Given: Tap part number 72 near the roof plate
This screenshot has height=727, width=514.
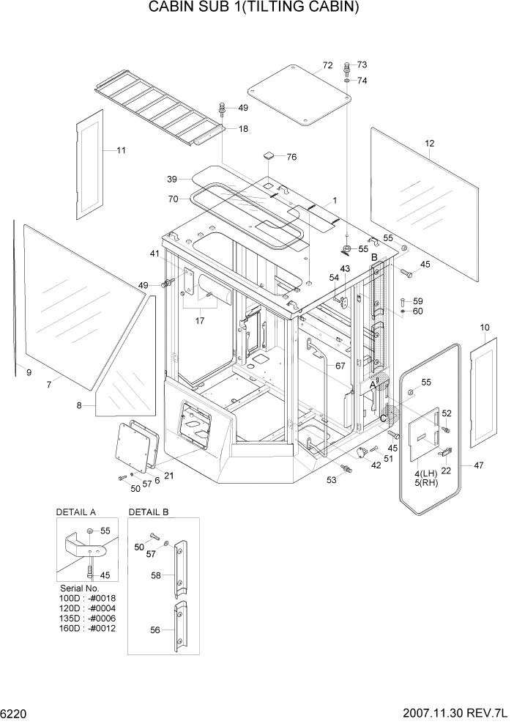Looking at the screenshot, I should [327, 67].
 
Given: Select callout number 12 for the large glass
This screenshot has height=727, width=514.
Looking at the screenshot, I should [430, 144].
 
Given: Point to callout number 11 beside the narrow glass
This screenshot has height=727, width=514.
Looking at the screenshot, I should [121, 151].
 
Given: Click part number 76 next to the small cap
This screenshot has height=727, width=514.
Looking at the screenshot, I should [291, 157].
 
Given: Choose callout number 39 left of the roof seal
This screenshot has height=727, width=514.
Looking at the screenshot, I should [172, 180].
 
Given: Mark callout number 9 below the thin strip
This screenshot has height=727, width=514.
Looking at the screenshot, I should [29, 373].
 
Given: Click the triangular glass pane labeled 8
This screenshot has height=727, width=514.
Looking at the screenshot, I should [124, 359].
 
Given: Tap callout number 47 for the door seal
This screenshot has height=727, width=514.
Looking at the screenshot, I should [479, 465].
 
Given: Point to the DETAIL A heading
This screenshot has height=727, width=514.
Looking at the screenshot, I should [76, 512].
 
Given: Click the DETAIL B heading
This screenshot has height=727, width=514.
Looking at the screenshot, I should [149, 512].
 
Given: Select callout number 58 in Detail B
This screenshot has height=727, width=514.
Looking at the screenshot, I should [155, 576].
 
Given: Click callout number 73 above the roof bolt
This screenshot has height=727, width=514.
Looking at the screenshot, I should [362, 65].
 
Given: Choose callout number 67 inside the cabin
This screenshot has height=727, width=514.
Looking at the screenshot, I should [340, 366].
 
